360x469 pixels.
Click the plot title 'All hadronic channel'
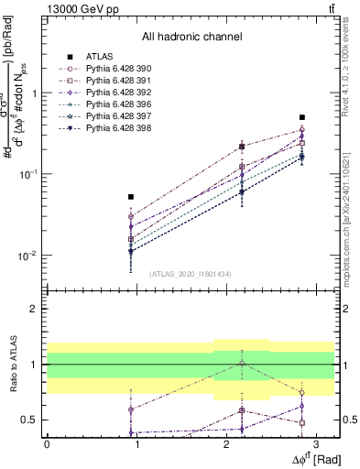pyautogui.click(x=191, y=38)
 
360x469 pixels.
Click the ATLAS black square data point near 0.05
pyautogui.click(x=132, y=197)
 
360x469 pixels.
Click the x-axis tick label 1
pyautogui.click(x=136, y=443)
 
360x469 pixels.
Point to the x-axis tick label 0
pyautogui.click(x=47, y=443)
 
